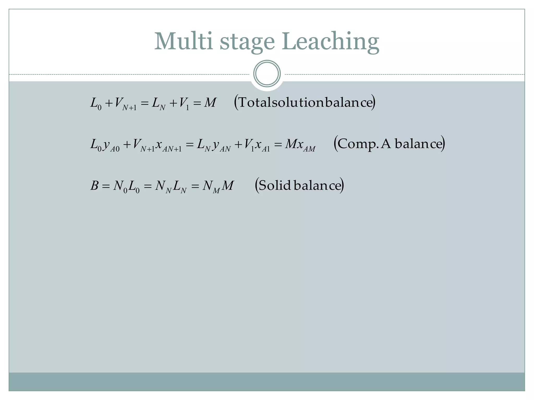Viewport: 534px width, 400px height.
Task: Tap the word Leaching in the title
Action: (330, 42)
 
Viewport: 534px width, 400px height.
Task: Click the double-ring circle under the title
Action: (267, 73)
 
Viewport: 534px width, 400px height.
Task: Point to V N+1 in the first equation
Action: (125, 103)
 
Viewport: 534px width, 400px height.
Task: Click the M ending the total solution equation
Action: (210, 103)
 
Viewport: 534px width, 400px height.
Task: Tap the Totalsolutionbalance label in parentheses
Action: (305, 102)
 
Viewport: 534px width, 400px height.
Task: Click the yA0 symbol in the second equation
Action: (111, 145)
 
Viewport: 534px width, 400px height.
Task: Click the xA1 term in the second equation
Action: (262, 145)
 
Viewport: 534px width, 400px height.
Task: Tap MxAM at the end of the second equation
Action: (300, 145)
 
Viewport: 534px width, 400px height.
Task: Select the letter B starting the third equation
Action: (94, 186)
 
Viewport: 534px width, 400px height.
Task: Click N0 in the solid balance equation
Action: (120, 186)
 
